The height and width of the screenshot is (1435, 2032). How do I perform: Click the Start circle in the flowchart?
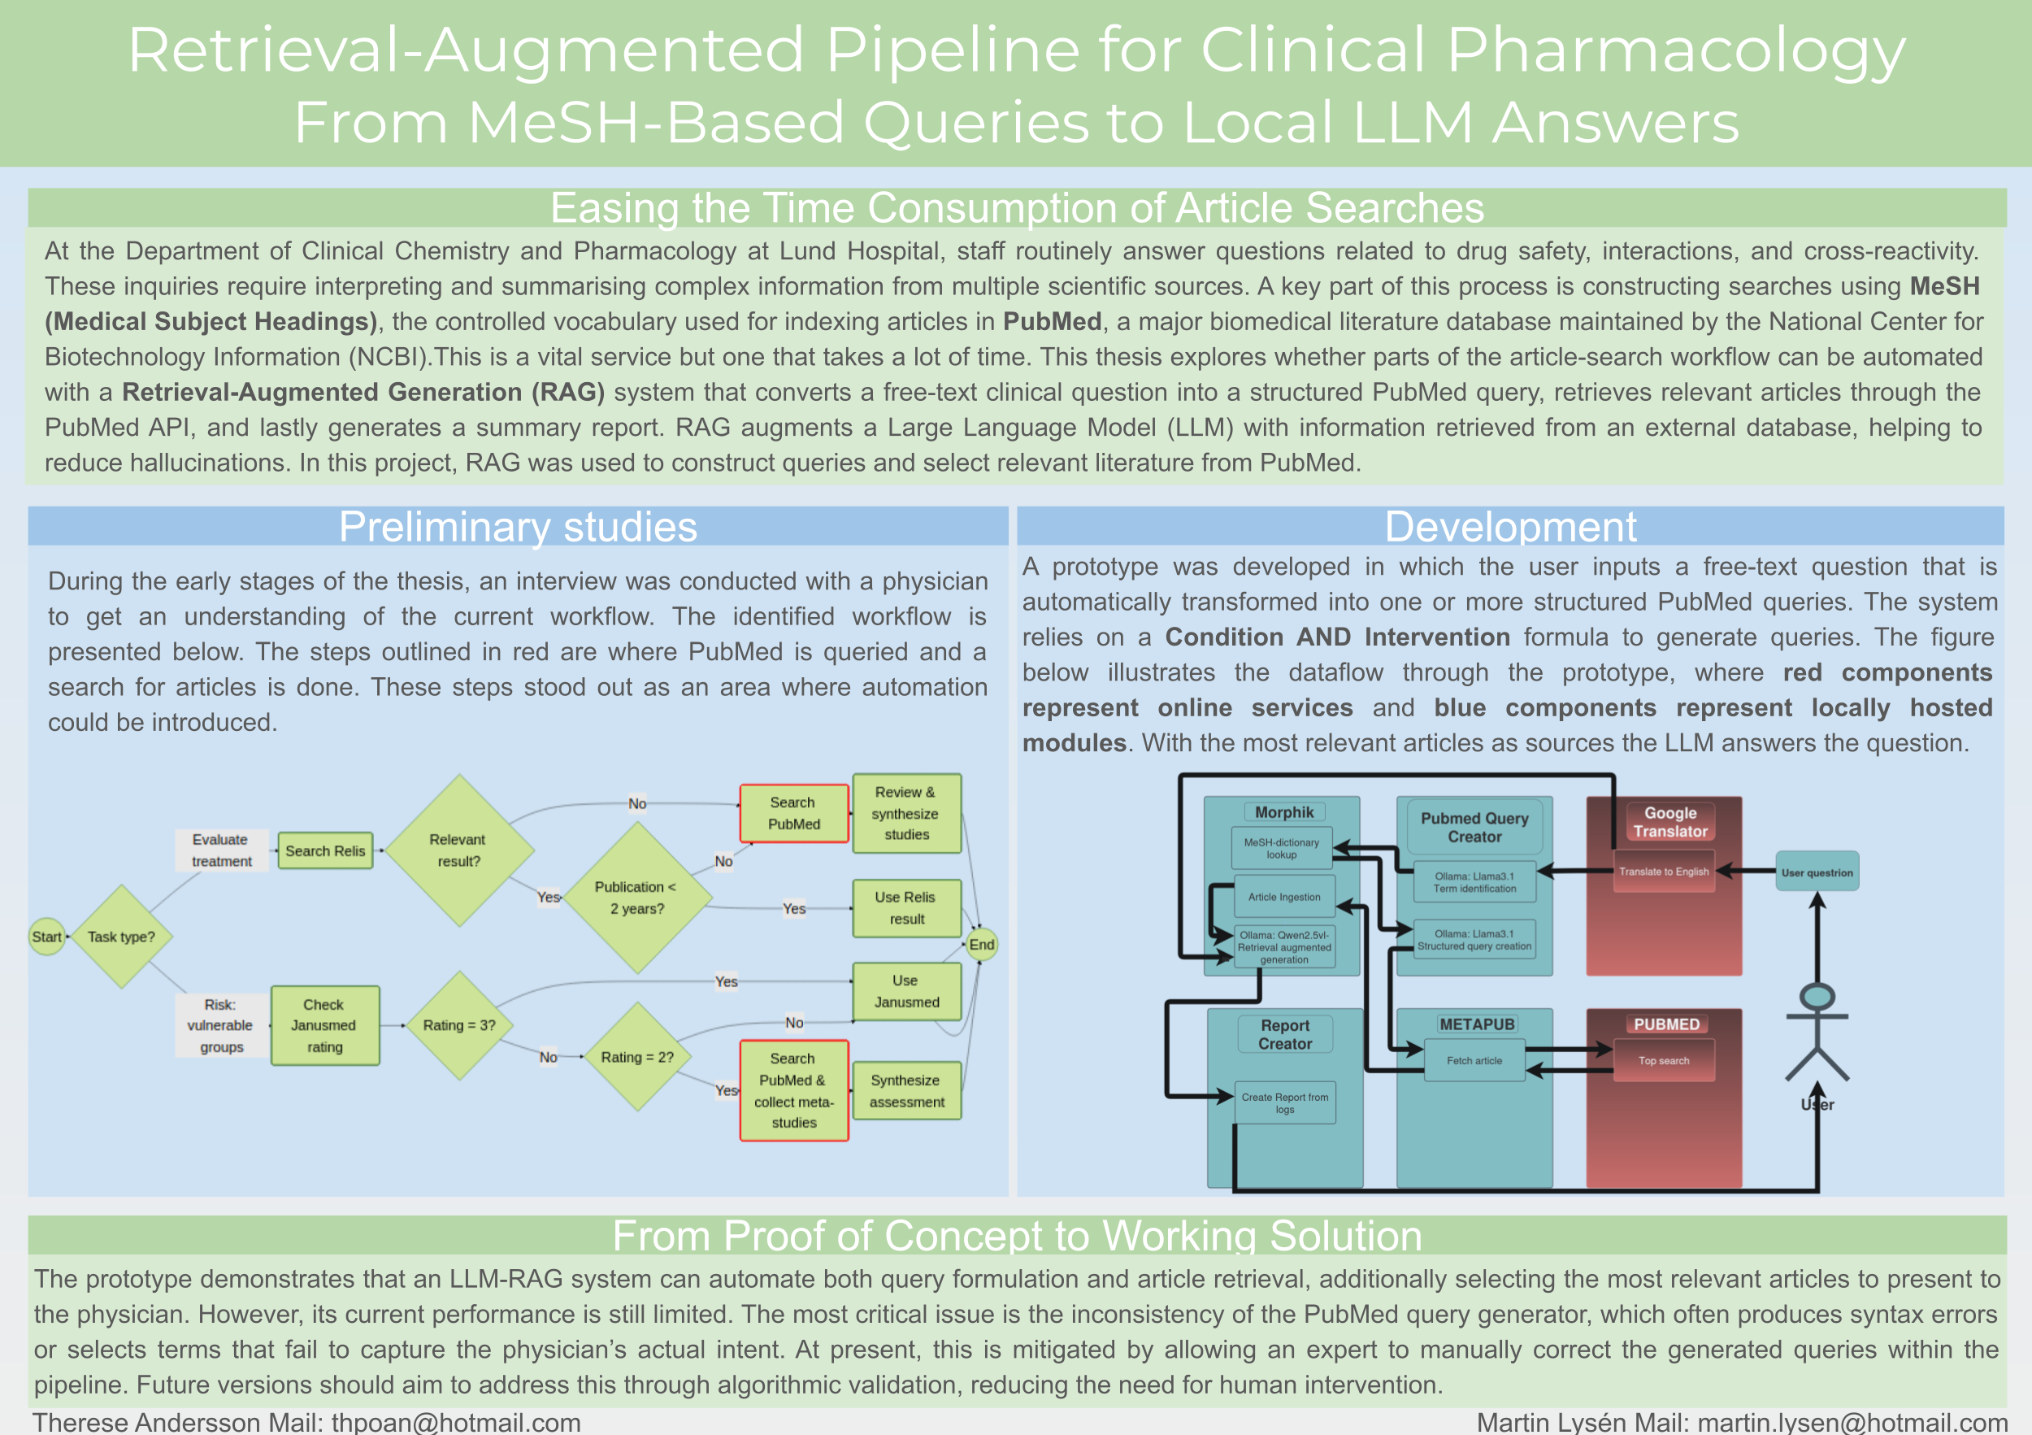47,937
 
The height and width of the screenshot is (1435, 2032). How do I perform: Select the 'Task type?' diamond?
121,937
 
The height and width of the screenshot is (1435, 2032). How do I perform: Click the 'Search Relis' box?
325,850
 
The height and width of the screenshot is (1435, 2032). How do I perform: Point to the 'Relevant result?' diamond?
459,850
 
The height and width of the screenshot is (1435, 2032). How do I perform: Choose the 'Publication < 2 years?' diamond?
636,898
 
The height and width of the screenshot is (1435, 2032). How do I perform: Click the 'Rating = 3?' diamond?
459,1025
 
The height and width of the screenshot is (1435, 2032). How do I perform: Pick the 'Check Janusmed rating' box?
325,1025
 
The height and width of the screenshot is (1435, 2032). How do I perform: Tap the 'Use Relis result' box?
906,908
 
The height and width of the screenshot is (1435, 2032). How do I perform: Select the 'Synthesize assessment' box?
906,1090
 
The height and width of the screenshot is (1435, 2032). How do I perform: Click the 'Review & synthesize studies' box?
906,814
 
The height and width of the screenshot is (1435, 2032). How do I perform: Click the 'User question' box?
1816,873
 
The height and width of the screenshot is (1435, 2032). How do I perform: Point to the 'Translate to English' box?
1664,872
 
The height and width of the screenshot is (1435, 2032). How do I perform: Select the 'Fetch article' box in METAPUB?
1474,1060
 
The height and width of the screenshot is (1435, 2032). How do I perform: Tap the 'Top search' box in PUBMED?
1664,1060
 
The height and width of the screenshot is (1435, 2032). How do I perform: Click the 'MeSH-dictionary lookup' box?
1282,848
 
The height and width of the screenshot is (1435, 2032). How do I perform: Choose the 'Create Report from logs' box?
1284,1103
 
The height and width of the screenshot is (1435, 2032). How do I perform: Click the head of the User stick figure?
1817,997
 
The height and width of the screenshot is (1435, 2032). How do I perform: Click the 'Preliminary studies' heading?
518,527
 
